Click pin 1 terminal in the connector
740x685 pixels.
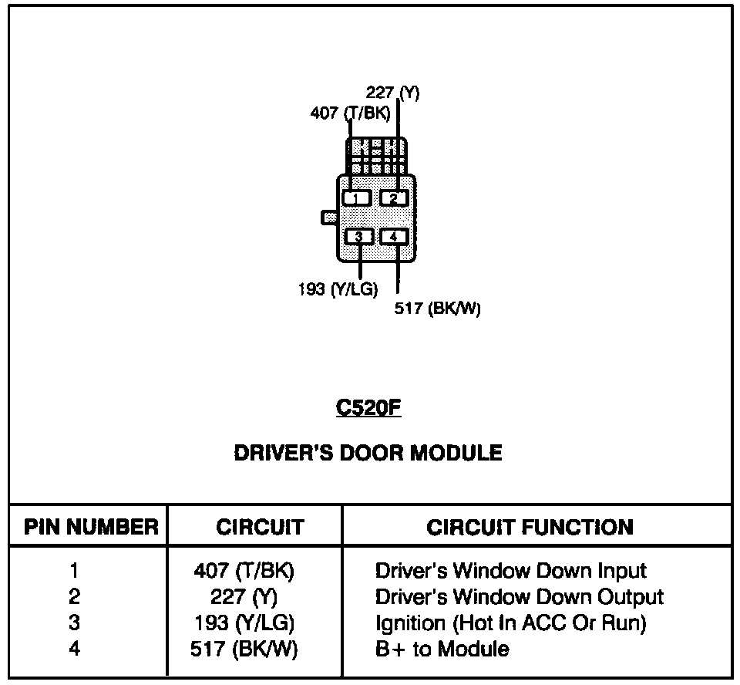click(x=356, y=198)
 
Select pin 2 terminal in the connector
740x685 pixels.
click(x=393, y=198)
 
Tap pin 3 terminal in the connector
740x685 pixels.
click(x=359, y=236)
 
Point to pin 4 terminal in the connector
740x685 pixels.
click(x=393, y=236)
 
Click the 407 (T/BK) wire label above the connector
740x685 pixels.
click(x=349, y=113)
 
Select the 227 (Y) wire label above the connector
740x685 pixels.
click(x=392, y=93)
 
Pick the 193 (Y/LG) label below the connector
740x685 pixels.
click(x=337, y=290)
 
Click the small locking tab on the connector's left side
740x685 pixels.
click(x=328, y=218)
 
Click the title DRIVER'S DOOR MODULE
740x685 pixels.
click(x=368, y=453)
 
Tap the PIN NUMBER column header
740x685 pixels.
click(x=91, y=528)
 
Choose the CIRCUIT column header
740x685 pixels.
click(x=261, y=528)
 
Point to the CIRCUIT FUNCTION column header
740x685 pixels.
click(x=530, y=528)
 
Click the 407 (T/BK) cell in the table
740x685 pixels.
click(x=244, y=571)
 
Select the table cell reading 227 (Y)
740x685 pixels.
click(x=244, y=597)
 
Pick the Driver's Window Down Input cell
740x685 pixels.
click(x=511, y=571)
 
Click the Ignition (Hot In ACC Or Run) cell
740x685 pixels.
click(x=510, y=623)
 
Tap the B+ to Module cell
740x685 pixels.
click(x=442, y=649)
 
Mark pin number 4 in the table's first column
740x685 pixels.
click(x=74, y=649)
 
